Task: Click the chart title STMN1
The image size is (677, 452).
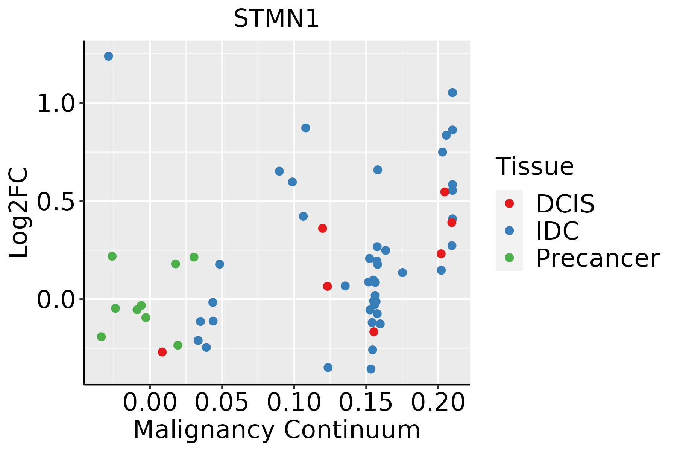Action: coord(276,19)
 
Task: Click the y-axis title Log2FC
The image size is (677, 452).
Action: coord(19,213)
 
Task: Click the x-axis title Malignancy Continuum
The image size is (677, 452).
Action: coord(276,430)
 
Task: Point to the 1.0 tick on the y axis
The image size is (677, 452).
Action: coord(56,103)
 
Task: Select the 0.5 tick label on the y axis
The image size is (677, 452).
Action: coord(56,201)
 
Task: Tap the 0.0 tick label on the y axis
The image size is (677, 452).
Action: coord(56,300)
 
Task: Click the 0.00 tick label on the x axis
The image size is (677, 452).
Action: coord(150,403)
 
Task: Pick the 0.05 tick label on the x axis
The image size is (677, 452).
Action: coord(222,403)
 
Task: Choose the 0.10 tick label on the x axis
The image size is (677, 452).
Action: coord(294,403)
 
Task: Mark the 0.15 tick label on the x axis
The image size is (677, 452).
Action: coord(366,403)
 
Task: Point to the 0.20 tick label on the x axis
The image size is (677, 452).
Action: coord(438,403)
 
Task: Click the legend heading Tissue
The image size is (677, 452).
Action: coord(534,166)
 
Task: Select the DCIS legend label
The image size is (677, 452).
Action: coord(565,204)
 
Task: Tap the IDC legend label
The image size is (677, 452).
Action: coord(557,231)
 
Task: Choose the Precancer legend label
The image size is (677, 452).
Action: coord(598,258)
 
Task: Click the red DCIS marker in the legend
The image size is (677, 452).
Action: coord(509,203)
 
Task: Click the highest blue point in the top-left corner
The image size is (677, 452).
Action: coord(108,56)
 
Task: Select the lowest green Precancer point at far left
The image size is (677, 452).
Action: coord(101,336)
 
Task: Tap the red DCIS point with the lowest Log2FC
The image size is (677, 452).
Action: coord(162,352)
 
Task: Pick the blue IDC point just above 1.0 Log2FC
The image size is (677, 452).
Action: coord(452,93)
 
